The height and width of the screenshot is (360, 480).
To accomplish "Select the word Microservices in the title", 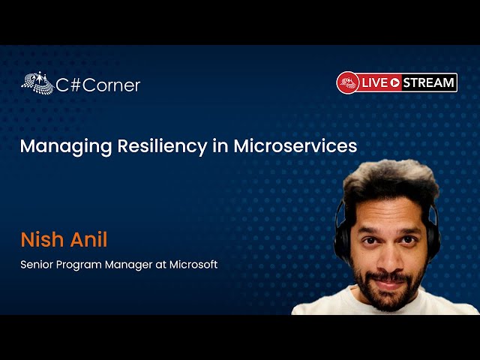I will pos(295,146).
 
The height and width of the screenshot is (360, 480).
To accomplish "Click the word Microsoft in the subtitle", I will pos(190,265).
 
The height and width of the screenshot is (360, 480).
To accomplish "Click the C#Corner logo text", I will pos(98,85).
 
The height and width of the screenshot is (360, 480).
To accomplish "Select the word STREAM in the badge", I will pos(429,82).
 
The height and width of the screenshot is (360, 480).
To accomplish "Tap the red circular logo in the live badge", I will pos(348,82).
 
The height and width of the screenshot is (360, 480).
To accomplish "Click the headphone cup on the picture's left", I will pos(342,232).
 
